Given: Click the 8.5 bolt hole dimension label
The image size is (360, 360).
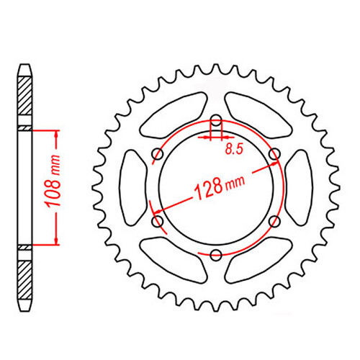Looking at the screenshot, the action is tap(234, 150).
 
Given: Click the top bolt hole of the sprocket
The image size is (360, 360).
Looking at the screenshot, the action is tap(216, 120).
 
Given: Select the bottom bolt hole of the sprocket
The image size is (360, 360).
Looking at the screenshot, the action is tap(216, 255).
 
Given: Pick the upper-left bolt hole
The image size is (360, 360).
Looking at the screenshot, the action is tap(158, 154).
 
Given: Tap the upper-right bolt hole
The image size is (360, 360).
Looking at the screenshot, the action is tap(274, 154).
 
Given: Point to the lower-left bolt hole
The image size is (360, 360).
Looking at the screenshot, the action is tap(158, 221).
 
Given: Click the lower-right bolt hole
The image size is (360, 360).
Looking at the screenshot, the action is tap(274, 221).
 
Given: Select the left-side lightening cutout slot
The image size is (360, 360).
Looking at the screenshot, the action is tap(132, 188).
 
